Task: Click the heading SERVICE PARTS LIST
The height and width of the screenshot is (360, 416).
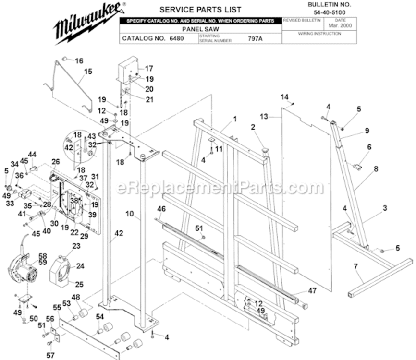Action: (x=200, y=10)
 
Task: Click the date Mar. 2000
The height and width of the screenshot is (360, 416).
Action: (x=340, y=26)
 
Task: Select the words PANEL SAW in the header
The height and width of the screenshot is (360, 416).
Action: (x=200, y=29)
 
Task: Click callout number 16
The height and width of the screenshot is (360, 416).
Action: (x=79, y=61)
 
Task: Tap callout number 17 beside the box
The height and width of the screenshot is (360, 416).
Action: (x=149, y=69)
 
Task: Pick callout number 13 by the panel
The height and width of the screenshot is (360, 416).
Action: (x=263, y=116)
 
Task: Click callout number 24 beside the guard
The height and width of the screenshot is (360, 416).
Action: (x=80, y=265)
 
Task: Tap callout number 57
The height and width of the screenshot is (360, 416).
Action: (x=50, y=355)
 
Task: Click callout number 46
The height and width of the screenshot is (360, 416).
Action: (x=161, y=209)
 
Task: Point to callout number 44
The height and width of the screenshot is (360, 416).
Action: (x=32, y=154)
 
